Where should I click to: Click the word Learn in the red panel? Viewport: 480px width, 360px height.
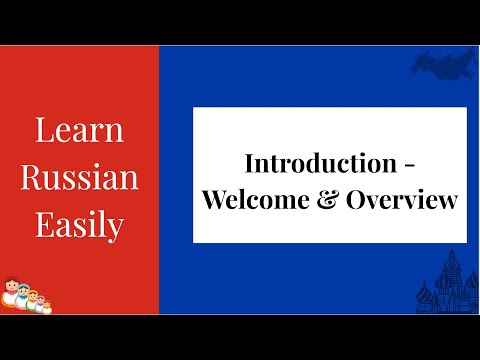pyautogui.click(x=80, y=132)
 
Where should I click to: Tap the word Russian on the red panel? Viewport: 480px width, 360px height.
pyautogui.click(x=80, y=178)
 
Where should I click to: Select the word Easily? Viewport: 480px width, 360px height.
pyautogui.click(x=80, y=224)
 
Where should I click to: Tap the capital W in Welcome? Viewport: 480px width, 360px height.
pyautogui.click(x=215, y=199)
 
